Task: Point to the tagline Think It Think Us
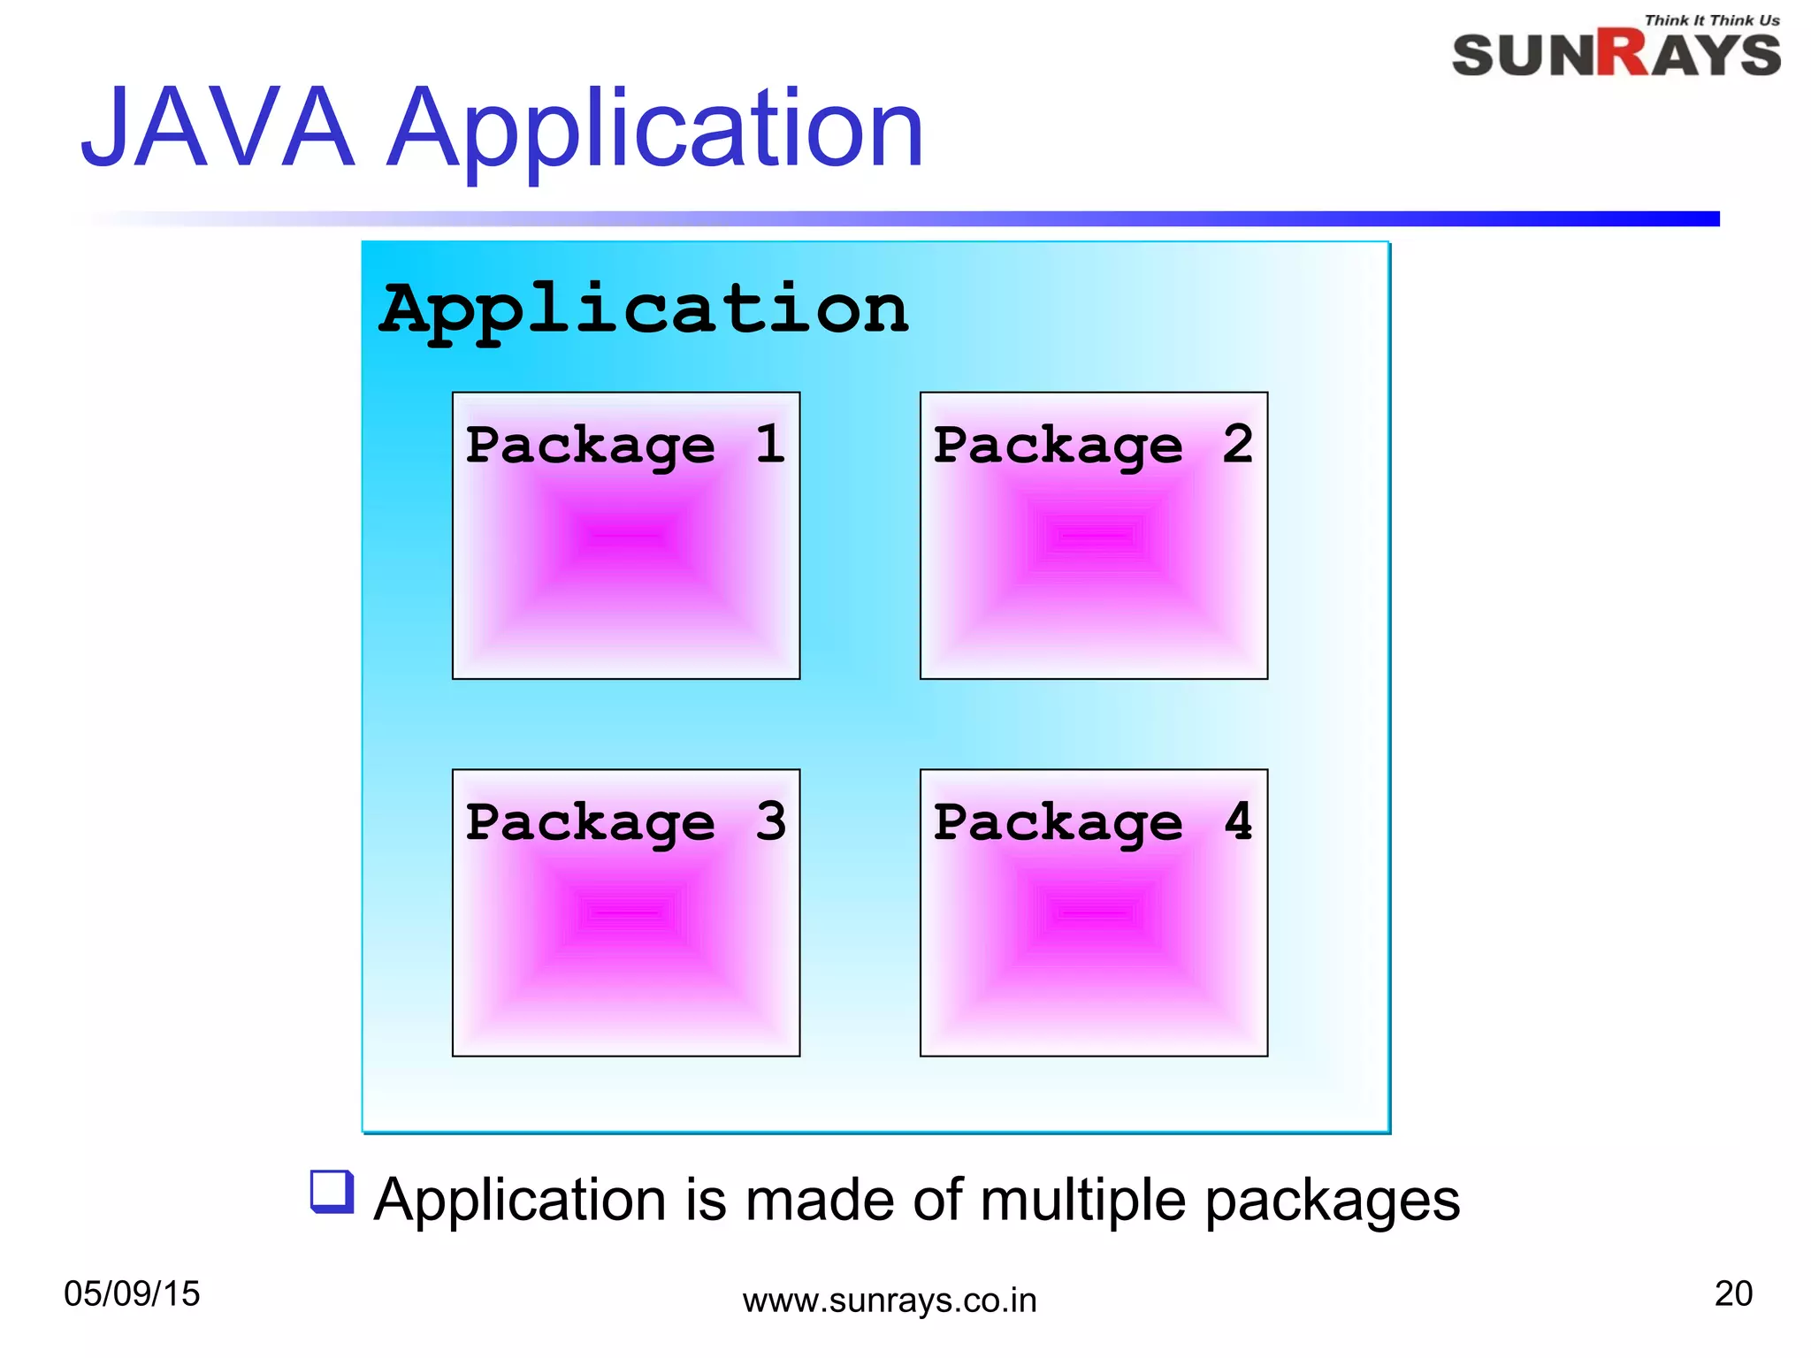tap(1711, 20)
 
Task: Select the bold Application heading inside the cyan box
tap(644, 311)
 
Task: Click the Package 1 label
tap(624, 445)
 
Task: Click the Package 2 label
tap(1093, 445)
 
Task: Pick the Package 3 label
tap(624, 822)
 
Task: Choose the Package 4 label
tap(1093, 822)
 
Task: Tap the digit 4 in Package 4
tap(1238, 820)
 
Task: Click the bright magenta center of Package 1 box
tap(625, 536)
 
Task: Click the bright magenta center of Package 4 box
tap(1094, 912)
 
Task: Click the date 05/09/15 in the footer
tap(132, 1293)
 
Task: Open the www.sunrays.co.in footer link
tap(889, 1301)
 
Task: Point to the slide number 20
tap(1732, 1293)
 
